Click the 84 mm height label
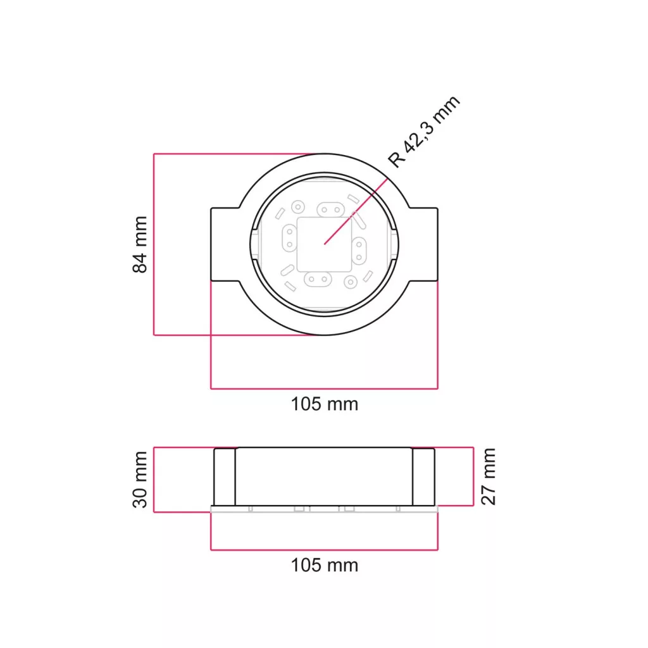[x=140, y=244]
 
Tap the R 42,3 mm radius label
[x=424, y=132]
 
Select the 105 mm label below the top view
[x=325, y=404]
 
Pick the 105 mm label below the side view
[x=325, y=565]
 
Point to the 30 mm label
[x=140, y=480]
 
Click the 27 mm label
[x=488, y=477]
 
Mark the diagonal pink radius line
[x=356, y=211]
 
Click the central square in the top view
[x=325, y=244]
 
